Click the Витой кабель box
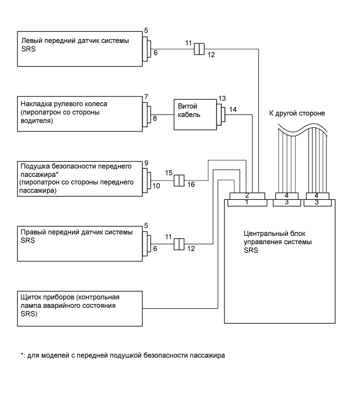(195, 115)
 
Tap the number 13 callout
(222, 98)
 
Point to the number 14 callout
(233, 110)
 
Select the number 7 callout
(146, 97)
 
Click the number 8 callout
(154, 118)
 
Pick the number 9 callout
(146, 163)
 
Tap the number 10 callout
(156, 186)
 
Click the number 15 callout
(169, 173)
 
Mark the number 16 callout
(191, 185)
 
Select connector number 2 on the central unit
(247, 196)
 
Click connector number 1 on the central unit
(247, 203)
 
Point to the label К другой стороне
(297, 113)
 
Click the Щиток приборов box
(80, 309)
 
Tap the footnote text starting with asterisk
(123, 355)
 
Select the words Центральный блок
(274, 234)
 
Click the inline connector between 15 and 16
(179, 181)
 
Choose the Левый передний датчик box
(80, 49)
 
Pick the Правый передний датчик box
(80, 244)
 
